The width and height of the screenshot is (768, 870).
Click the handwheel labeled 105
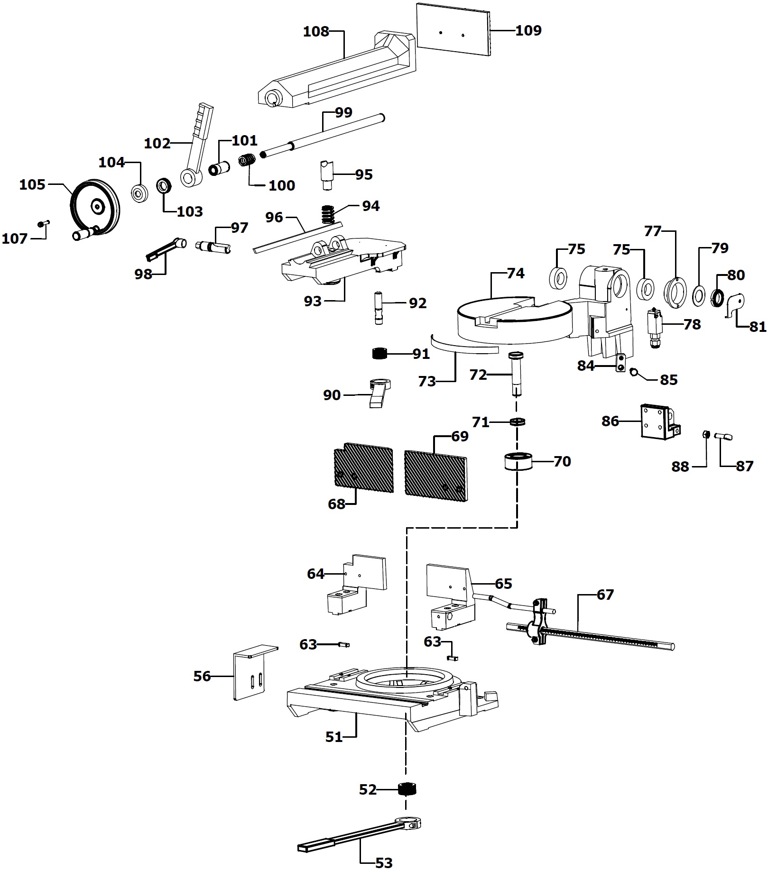(95, 207)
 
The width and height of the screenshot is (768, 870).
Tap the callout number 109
(528, 30)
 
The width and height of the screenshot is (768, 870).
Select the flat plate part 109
(453, 30)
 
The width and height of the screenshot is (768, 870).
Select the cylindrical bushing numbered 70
(518, 461)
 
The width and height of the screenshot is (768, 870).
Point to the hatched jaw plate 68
(363, 469)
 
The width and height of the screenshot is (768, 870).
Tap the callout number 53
(384, 862)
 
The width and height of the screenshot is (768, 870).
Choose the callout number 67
(605, 594)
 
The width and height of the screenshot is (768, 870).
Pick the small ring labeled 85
(633, 372)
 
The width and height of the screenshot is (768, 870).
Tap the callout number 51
(334, 737)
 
